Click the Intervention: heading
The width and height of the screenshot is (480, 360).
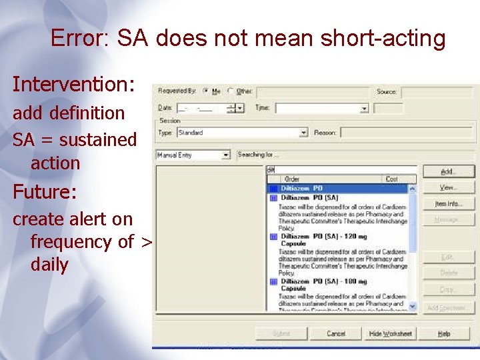73,85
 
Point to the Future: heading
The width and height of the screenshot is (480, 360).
45,193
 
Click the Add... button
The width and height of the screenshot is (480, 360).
448,172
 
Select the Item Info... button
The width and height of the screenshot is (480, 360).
448,204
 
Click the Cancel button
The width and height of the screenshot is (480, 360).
336,333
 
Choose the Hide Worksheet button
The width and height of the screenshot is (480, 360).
391,333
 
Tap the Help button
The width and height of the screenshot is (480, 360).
444,333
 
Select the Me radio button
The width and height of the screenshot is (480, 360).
206,91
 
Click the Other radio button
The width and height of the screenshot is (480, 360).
231,91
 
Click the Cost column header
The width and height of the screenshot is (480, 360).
392,179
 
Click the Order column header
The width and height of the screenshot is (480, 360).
293,179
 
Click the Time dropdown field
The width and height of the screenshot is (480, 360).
322,107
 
